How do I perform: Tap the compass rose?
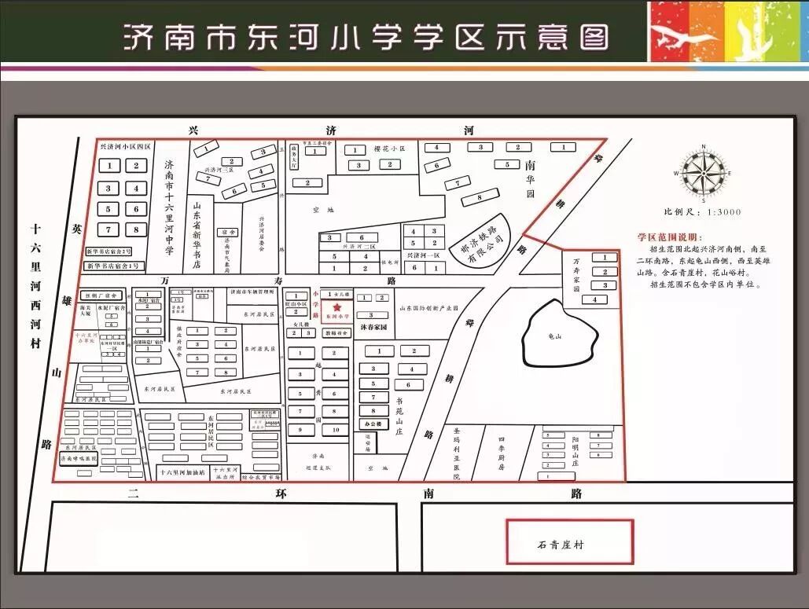tap(701, 172)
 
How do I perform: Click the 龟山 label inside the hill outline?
tap(556, 336)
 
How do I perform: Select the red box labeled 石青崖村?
tap(569, 541)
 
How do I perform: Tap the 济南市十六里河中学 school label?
tap(169, 207)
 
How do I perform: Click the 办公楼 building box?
tap(373, 424)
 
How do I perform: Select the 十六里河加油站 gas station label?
tap(182, 473)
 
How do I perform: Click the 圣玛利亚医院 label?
tap(457, 453)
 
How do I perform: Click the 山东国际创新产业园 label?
tap(428, 309)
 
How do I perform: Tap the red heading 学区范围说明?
tap(671, 237)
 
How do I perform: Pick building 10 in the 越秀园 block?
tap(336, 430)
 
